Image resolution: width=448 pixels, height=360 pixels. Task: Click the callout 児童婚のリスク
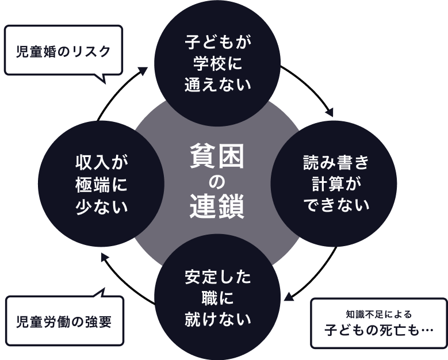(63, 50)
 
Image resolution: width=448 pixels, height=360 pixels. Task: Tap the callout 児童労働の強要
(64, 321)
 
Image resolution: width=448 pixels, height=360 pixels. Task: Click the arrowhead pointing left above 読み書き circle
(329, 112)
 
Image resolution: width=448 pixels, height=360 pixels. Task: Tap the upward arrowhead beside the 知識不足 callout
(289, 297)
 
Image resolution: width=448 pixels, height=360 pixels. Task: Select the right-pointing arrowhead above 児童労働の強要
(105, 257)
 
